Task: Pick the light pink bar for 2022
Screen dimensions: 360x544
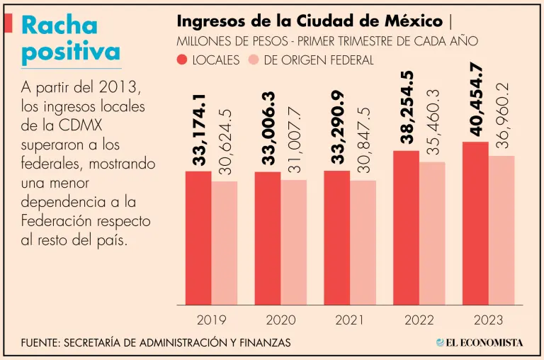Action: (x=432, y=233)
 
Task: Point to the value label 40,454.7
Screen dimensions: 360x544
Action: (x=476, y=99)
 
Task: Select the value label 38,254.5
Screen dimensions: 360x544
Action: (x=407, y=107)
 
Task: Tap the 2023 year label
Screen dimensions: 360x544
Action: (x=489, y=320)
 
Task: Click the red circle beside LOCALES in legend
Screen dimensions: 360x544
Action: (x=182, y=60)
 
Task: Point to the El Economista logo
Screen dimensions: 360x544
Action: (x=480, y=343)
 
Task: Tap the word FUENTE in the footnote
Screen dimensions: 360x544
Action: (x=40, y=343)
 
